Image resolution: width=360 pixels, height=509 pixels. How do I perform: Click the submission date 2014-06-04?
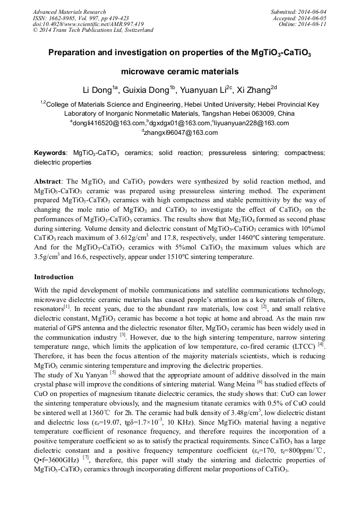tap(312, 12)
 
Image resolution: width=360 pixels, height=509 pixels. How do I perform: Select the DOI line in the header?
tap(88, 24)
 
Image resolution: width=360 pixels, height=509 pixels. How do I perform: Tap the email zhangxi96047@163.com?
tap(181, 133)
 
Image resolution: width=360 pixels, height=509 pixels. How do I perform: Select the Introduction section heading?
tap(54, 277)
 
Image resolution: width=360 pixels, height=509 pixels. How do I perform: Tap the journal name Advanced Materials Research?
tap(69, 12)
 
